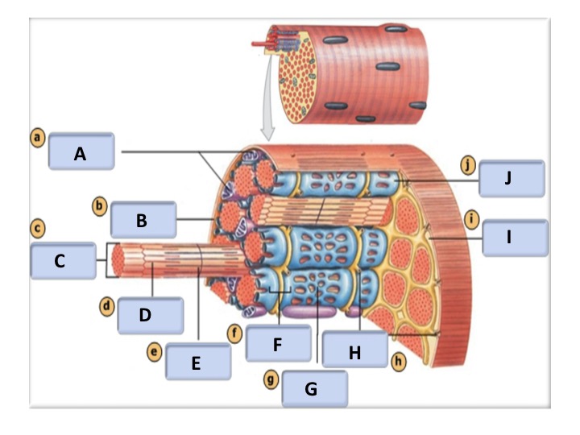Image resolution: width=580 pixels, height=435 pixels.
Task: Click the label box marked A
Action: [x=81, y=152]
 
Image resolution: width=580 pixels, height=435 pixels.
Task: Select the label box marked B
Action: [x=143, y=219]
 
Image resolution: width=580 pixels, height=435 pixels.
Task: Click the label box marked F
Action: [x=279, y=344]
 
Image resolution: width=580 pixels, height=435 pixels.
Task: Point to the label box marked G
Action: [x=314, y=390]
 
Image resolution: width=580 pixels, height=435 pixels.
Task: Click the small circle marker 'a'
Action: [x=37, y=138]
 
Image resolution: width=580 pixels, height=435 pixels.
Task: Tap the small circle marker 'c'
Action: [x=37, y=229]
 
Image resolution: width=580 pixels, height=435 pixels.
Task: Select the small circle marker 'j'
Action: [x=468, y=165]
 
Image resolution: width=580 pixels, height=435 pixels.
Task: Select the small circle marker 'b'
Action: [x=99, y=206]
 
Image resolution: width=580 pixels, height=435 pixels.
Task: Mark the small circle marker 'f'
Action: [x=236, y=331]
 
